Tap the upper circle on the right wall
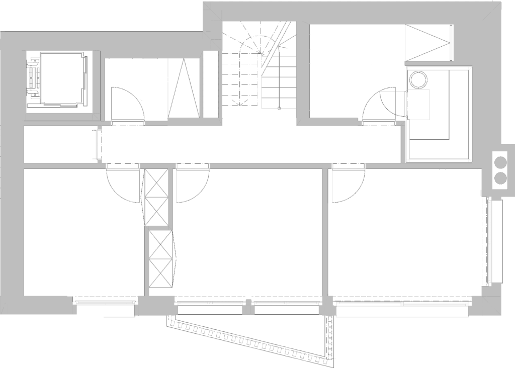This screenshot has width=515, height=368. click(501, 162)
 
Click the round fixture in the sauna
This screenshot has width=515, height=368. click(418, 79)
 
